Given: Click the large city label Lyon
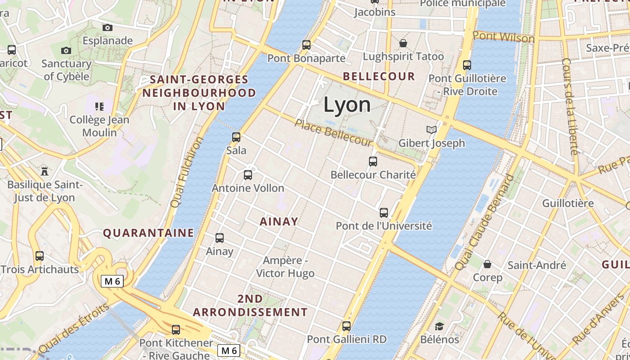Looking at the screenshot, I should tap(347, 105).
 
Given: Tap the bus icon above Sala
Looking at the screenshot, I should tap(236, 137).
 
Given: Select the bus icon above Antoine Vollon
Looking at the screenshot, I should tap(248, 175).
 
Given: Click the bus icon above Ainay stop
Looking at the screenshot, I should tap(220, 238).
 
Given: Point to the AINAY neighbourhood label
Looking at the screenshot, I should tap(279, 221).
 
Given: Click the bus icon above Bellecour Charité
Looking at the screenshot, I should tap(373, 162).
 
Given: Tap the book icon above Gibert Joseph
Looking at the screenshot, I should tap(432, 130).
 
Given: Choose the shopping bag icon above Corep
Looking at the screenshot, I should tap(487, 264).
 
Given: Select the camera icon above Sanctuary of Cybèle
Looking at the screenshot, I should tap(66, 50).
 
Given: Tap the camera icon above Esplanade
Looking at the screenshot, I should tap(107, 28).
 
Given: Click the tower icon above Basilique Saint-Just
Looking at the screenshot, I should tap(44, 171).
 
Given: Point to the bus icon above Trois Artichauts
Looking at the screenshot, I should tap(40, 256).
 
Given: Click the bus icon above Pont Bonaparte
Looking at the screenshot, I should tap(306, 45).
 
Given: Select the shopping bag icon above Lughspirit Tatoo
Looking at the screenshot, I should tap(403, 43).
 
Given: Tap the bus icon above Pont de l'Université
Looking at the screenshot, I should tap(384, 213).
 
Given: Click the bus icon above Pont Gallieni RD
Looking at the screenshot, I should tap(346, 326).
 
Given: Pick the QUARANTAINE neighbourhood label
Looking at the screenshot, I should tap(148, 233).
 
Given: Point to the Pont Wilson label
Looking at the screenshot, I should tap(503, 37).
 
